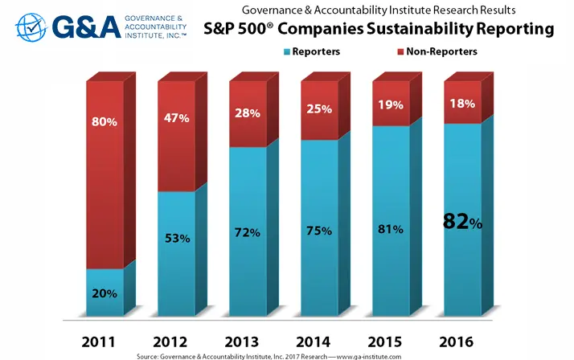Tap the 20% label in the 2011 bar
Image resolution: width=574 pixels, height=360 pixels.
click(105, 293)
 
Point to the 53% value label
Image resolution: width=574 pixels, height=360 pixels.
click(177, 239)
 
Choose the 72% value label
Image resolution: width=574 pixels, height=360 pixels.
click(248, 232)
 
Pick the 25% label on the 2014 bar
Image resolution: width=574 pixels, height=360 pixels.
click(318, 108)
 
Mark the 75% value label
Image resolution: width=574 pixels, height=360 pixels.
click(319, 231)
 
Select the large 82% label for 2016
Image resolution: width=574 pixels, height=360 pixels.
click(463, 222)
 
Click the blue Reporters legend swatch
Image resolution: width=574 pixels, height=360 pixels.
click(287, 51)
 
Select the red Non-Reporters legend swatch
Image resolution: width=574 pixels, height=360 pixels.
click(379, 51)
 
